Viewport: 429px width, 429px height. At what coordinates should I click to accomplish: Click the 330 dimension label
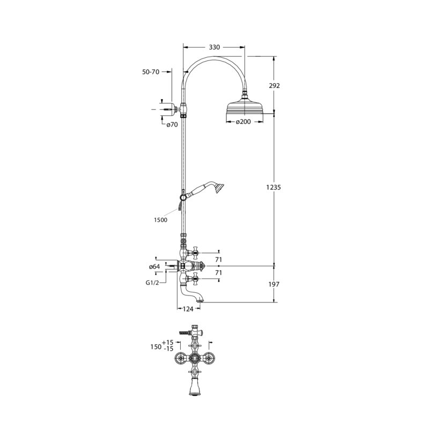point(214,47)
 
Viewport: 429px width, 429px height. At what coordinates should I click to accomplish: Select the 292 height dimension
point(274,86)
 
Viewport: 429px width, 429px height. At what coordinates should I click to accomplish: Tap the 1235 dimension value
point(273,187)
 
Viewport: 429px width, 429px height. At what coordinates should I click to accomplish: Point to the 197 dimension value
point(274,284)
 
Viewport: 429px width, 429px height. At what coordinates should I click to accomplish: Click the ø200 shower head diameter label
point(243,122)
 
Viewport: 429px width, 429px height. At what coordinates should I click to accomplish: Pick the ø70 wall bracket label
point(172,125)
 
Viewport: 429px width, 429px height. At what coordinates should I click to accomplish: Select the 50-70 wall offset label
point(151,72)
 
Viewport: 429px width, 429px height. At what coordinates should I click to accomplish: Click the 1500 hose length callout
point(160,220)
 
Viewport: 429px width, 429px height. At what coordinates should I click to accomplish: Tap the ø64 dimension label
point(154,267)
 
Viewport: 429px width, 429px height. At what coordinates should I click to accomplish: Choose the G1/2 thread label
point(152,283)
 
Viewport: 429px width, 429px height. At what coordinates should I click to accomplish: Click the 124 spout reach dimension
point(188,309)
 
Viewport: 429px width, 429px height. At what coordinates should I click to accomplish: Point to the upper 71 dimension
point(218,260)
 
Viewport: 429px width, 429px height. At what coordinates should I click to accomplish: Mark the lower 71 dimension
point(218,273)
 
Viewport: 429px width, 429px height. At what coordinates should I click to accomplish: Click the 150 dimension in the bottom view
point(156,347)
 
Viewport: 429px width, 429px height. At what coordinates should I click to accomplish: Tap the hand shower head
point(219,188)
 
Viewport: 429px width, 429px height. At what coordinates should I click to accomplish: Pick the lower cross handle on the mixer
point(195,279)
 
